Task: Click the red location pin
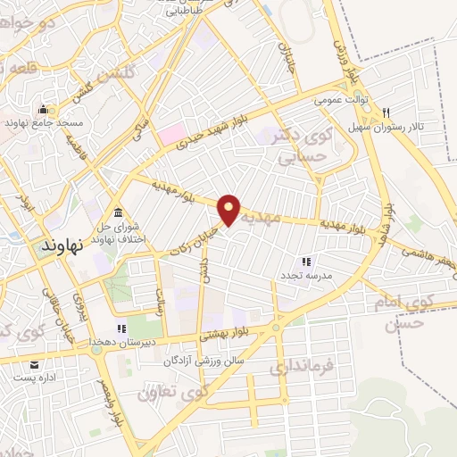229,209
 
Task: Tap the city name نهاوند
64,243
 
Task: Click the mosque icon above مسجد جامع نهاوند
42,110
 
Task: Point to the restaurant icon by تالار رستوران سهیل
386,112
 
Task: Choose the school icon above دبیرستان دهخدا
121,329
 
